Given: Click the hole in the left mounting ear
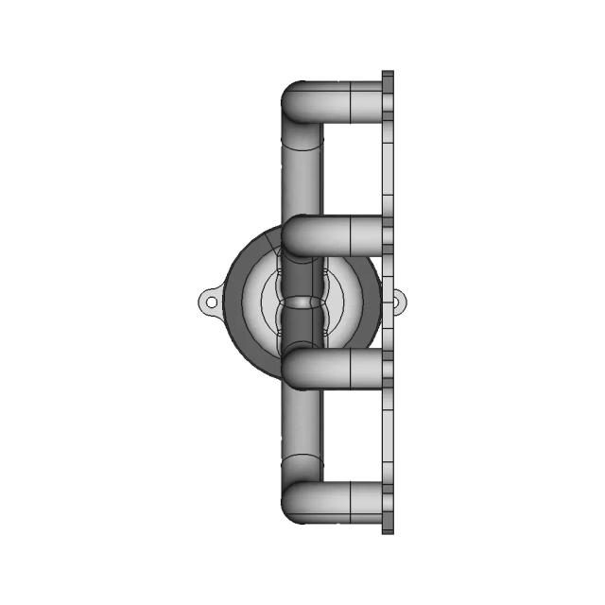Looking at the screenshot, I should pyautogui.click(x=212, y=302).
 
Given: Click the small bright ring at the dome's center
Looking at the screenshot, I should pyautogui.click(x=302, y=302).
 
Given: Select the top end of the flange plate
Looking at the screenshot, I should pyautogui.click(x=388, y=76).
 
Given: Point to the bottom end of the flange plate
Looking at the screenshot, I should pyautogui.click(x=388, y=528).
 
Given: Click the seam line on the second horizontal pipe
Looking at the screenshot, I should pyautogui.click(x=351, y=235).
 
